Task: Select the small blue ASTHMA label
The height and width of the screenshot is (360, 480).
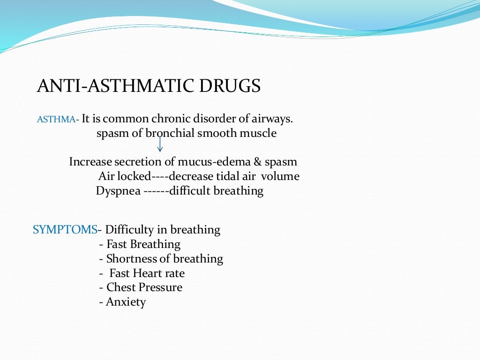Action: tap(56, 120)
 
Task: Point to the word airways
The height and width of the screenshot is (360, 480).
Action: tap(274, 119)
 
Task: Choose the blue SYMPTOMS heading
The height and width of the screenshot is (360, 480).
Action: tap(65, 230)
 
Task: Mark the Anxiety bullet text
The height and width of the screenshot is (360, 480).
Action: tap(126, 302)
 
